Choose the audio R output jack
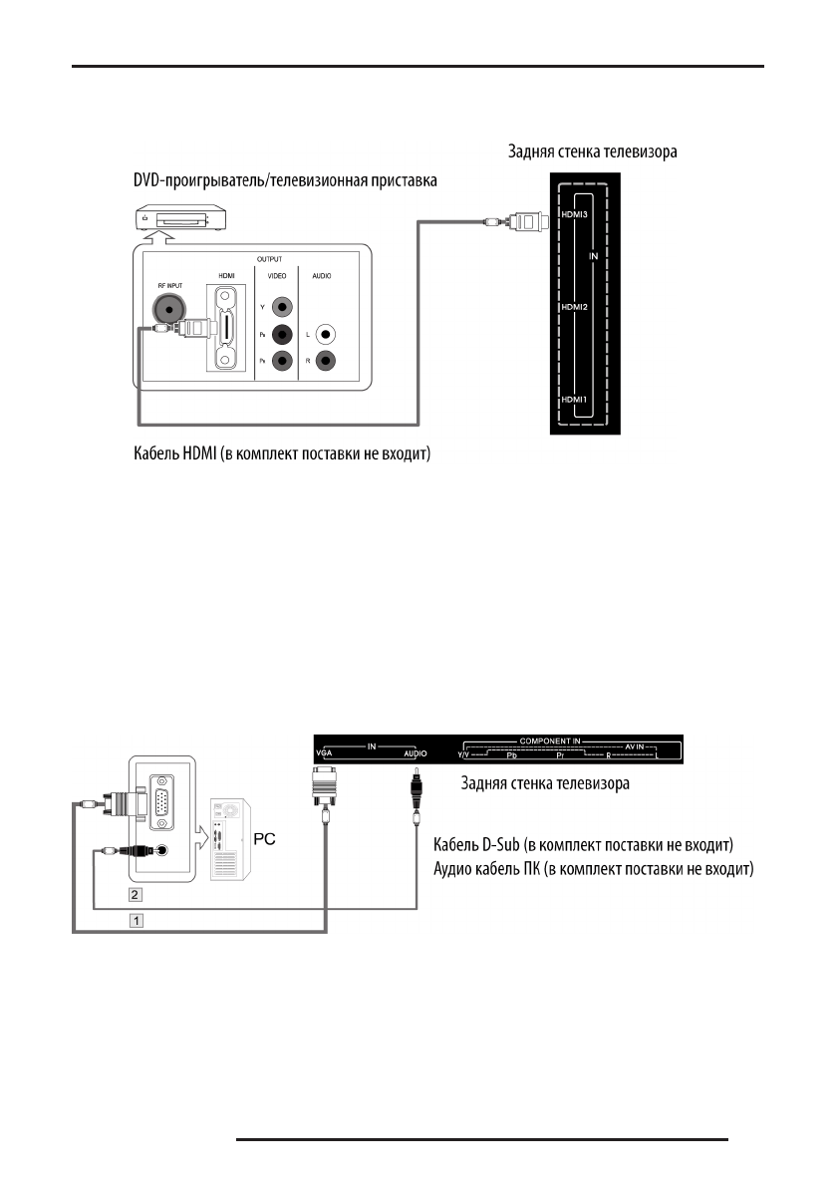click(324, 362)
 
